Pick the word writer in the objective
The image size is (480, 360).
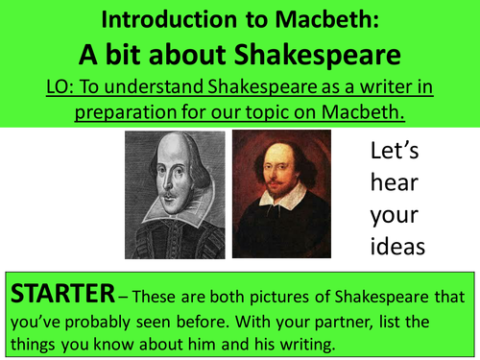coord(386,88)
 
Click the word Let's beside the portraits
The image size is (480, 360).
coord(396,151)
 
